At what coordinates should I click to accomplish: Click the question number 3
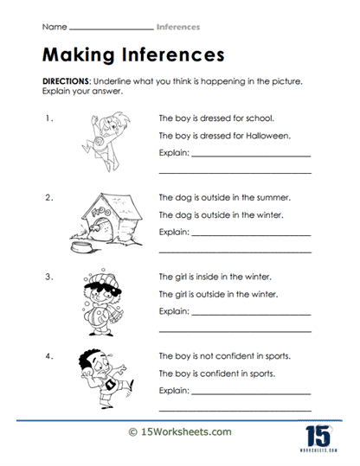coord(50,278)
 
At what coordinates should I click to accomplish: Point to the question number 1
coord(50,117)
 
